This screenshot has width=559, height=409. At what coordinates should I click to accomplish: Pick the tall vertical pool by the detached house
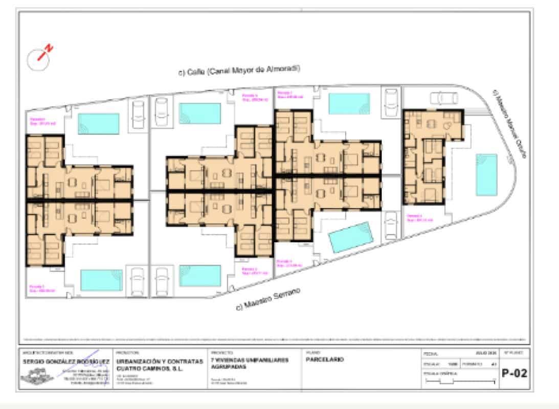[486, 174]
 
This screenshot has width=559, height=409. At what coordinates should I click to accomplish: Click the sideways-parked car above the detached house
[443, 97]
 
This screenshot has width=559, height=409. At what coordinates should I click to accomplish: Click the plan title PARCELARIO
[325, 359]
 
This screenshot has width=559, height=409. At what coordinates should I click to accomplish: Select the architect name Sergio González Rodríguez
[65, 361]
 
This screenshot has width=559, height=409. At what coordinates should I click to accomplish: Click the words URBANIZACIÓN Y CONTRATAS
[152, 361]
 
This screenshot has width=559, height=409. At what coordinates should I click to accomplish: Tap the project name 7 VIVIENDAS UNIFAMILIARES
[249, 360]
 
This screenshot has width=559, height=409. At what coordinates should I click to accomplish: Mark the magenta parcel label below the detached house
[419, 218]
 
